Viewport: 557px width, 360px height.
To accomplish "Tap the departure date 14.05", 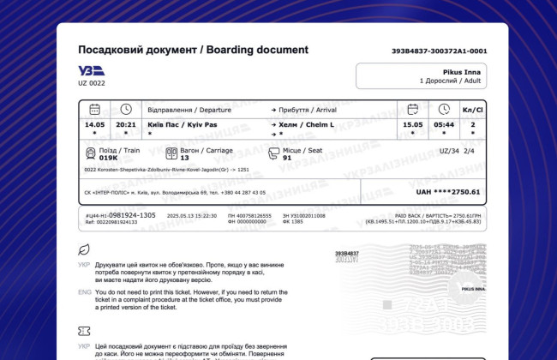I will tap(94, 124).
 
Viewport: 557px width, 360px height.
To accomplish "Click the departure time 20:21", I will tap(125, 124).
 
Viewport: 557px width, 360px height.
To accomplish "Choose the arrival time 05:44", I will tap(444, 124).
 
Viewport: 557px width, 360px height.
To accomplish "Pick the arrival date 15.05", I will tap(413, 124).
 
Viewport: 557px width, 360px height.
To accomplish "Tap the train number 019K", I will tap(108, 158).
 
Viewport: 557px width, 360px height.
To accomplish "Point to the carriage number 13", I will tap(184, 158).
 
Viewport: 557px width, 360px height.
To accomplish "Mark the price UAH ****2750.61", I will tap(447, 192).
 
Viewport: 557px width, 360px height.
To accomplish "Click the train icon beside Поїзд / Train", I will tap(90, 153).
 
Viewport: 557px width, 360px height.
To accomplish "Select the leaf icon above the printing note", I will tap(84, 249).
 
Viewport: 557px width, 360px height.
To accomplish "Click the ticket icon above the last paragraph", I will tap(84, 331).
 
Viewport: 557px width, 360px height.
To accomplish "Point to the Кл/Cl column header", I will tap(472, 111).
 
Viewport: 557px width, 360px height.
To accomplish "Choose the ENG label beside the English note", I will tap(84, 292).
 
